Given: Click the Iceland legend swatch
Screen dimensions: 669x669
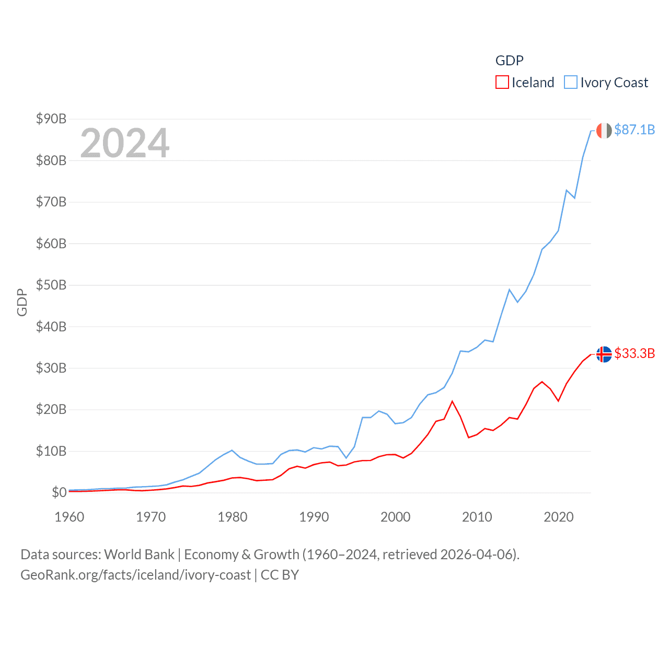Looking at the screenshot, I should (x=502, y=83).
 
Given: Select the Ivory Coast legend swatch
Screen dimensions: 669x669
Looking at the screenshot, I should (x=571, y=83).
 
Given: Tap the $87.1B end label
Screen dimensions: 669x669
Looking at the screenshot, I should (x=635, y=130).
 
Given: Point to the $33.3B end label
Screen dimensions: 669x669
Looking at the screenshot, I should (x=635, y=353).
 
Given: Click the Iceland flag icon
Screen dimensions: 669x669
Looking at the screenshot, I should (x=604, y=354).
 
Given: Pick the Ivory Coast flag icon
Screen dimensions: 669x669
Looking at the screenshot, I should (x=604, y=131).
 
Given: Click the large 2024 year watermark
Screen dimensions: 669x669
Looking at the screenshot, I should (x=125, y=143).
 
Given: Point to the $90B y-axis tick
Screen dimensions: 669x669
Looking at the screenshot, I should (x=51, y=119).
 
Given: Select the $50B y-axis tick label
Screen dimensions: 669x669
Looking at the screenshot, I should (x=51, y=285).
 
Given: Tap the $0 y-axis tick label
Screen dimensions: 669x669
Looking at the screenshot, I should (x=59, y=492).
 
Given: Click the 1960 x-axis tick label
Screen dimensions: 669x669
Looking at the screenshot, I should (x=70, y=517).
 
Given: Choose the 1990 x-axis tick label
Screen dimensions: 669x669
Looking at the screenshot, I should (x=314, y=517).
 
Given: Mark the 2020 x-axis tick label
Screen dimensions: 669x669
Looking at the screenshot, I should (x=559, y=517).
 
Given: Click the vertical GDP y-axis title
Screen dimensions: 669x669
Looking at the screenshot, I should (x=22, y=302).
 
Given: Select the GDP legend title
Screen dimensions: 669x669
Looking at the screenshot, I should (x=509, y=61).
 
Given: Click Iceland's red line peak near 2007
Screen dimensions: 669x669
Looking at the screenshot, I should (x=452, y=401).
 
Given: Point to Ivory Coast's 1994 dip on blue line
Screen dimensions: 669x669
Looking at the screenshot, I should (x=346, y=458).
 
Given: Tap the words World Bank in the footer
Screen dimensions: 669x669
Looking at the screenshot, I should (x=139, y=554).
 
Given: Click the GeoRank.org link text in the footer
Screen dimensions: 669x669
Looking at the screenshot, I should (x=135, y=575).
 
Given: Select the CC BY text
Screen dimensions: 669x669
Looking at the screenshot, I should (x=280, y=575).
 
